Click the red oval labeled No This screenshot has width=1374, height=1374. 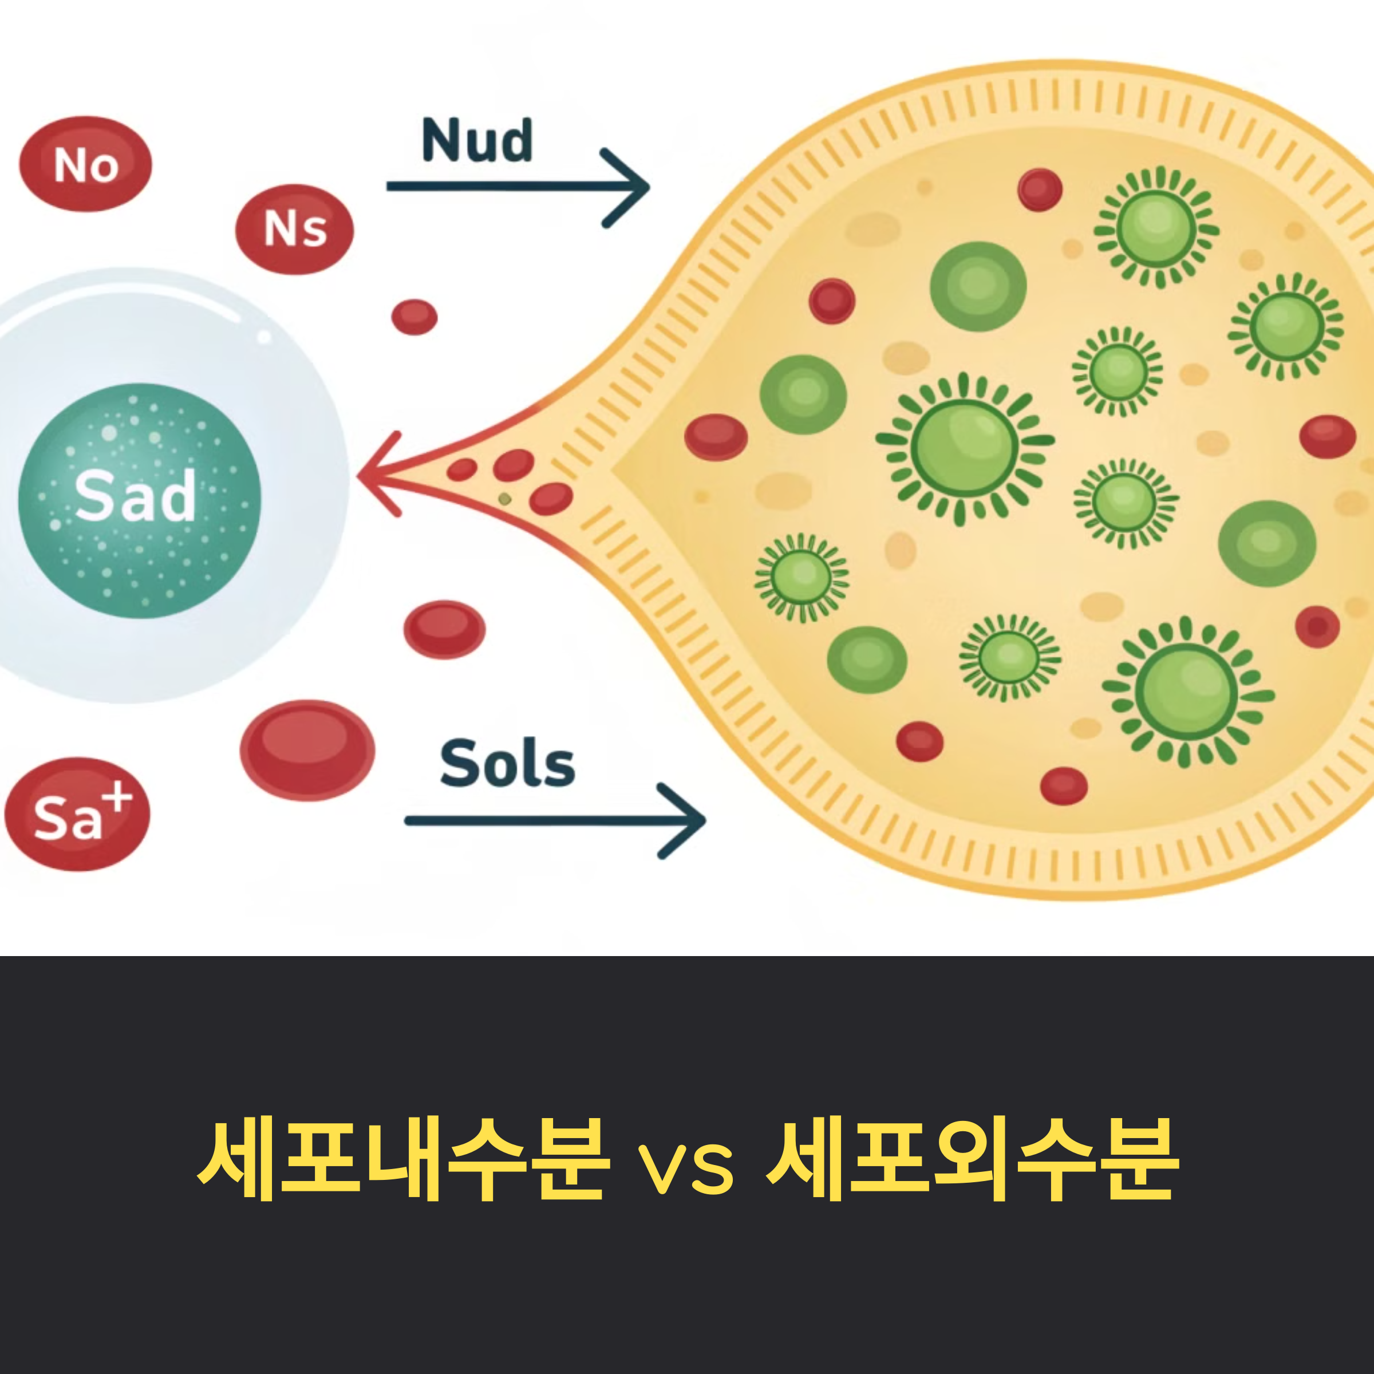coord(85,164)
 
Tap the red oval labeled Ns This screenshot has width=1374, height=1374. coord(294,229)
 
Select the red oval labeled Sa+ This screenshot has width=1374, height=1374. coord(77,814)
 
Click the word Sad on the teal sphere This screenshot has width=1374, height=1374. coord(135,496)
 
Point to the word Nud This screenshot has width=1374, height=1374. coord(476,140)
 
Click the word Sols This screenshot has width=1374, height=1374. coord(507,764)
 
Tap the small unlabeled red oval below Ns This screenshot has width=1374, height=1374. coord(414,317)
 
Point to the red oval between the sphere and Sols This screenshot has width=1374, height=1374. coord(444,629)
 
